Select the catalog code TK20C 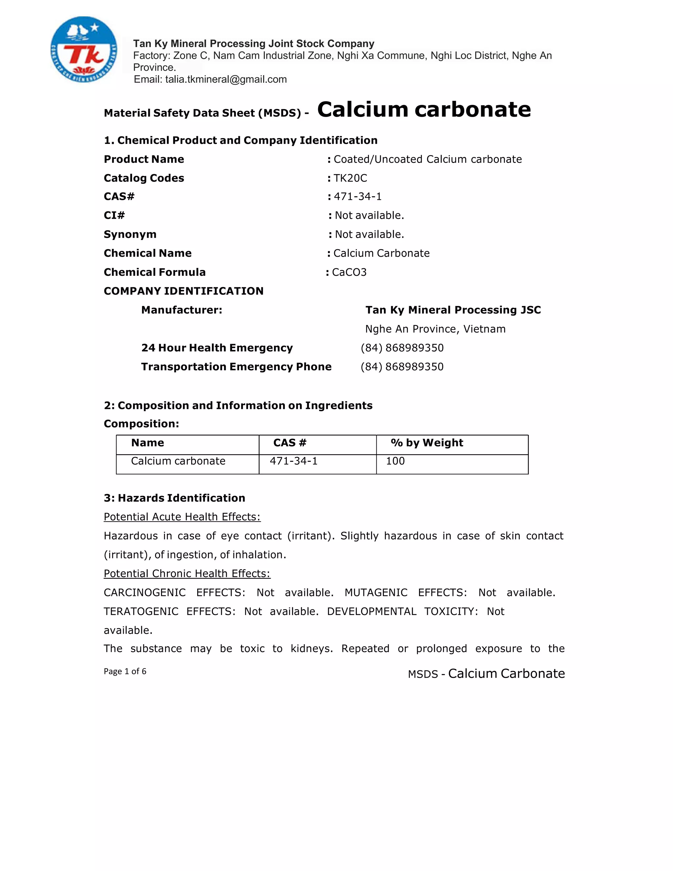(x=350, y=178)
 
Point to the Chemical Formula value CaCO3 (x=349, y=272)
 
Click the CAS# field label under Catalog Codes (x=119, y=196)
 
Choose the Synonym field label (x=130, y=234)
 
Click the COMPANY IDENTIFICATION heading (x=183, y=291)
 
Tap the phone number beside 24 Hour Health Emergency (x=402, y=348)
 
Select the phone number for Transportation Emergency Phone (x=402, y=366)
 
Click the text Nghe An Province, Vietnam (x=435, y=329)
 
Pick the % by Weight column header (x=427, y=443)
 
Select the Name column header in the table (x=148, y=443)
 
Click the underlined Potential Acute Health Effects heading (x=182, y=517)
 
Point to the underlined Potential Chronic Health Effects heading (x=187, y=574)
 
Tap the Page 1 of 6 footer (x=125, y=671)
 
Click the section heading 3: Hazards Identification (x=174, y=498)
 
